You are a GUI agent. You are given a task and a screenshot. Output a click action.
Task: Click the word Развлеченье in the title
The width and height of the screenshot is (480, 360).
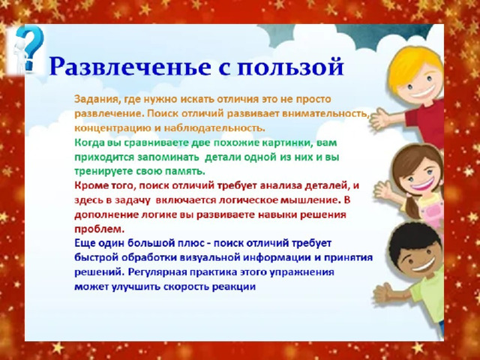click(x=130, y=66)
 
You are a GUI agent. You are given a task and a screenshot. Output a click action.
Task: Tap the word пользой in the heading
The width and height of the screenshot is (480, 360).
click(x=290, y=67)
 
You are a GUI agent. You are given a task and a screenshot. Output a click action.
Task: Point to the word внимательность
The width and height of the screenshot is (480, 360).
click(x=325, y=114)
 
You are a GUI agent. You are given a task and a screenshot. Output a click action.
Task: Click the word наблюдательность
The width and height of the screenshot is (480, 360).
click(x=215, y=127)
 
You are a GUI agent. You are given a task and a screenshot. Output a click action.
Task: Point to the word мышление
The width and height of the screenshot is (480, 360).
click(x=311, y=200)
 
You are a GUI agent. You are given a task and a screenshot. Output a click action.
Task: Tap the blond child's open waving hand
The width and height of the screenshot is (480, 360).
click(x=380, y=118)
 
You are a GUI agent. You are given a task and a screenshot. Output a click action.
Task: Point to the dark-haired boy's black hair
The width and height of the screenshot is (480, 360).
click(x=413, y=241)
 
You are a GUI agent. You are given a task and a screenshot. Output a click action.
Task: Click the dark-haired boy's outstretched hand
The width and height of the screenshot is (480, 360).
click(x=383, y=293)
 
